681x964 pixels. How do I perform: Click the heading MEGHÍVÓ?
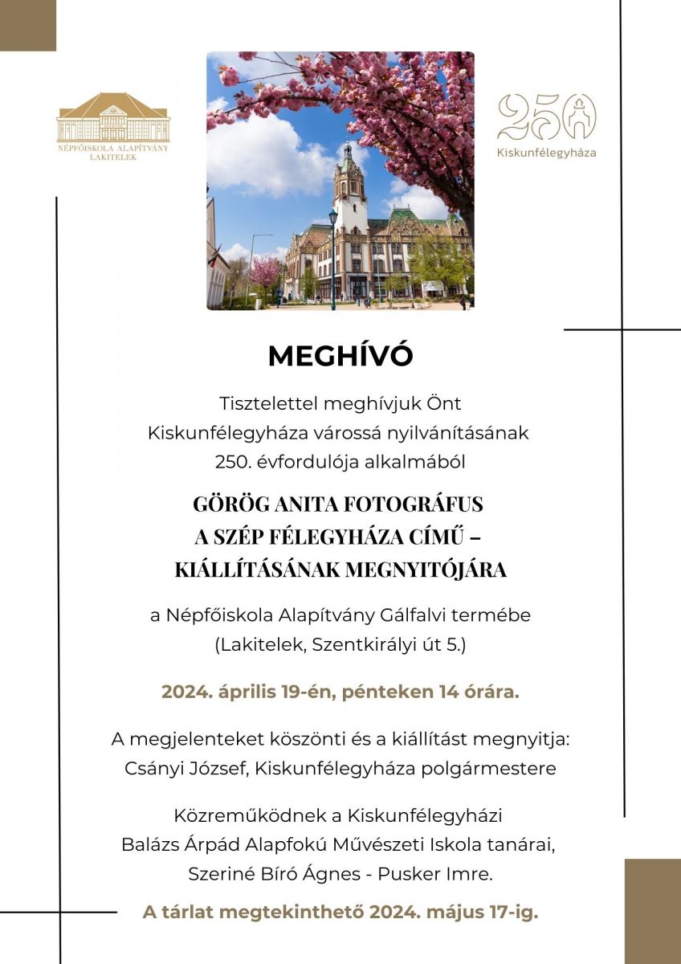(x=340, y=356)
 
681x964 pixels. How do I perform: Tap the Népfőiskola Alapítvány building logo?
(x=113, y=119)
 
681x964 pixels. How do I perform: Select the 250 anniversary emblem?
(x=546, y=117)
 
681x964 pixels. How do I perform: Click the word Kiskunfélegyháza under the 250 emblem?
(x=546, y=153)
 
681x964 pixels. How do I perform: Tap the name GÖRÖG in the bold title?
(x=229, y=504)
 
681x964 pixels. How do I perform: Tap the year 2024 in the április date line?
(x=184, y=692)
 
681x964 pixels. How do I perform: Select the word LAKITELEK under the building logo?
(x=113, y=157)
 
